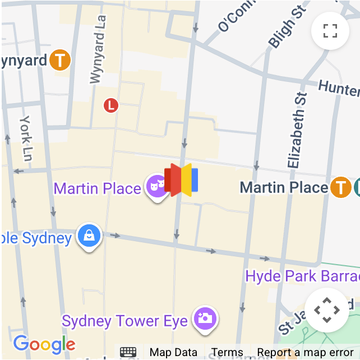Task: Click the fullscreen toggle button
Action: [x=330, y=31]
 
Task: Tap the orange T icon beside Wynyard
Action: [x=60, y=61]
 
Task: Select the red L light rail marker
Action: [x=111, y=104]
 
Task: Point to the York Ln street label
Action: [x=26, y=137]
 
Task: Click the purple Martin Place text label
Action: [x=98, y=188]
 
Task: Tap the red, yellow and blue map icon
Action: [x=181, y=180]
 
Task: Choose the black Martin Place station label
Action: [x=284, y=187]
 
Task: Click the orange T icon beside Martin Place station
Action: [x=340, y=187]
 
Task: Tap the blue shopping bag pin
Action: [x=89, y=236]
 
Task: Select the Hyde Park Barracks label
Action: [x=303, y=276]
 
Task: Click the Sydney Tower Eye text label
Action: [x=124, y=321]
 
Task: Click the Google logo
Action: [x=44, y=344]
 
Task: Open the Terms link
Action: [x=227, y=353]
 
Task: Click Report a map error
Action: [x=305, y=353]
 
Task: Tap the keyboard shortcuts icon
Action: [x=128, y=352]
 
